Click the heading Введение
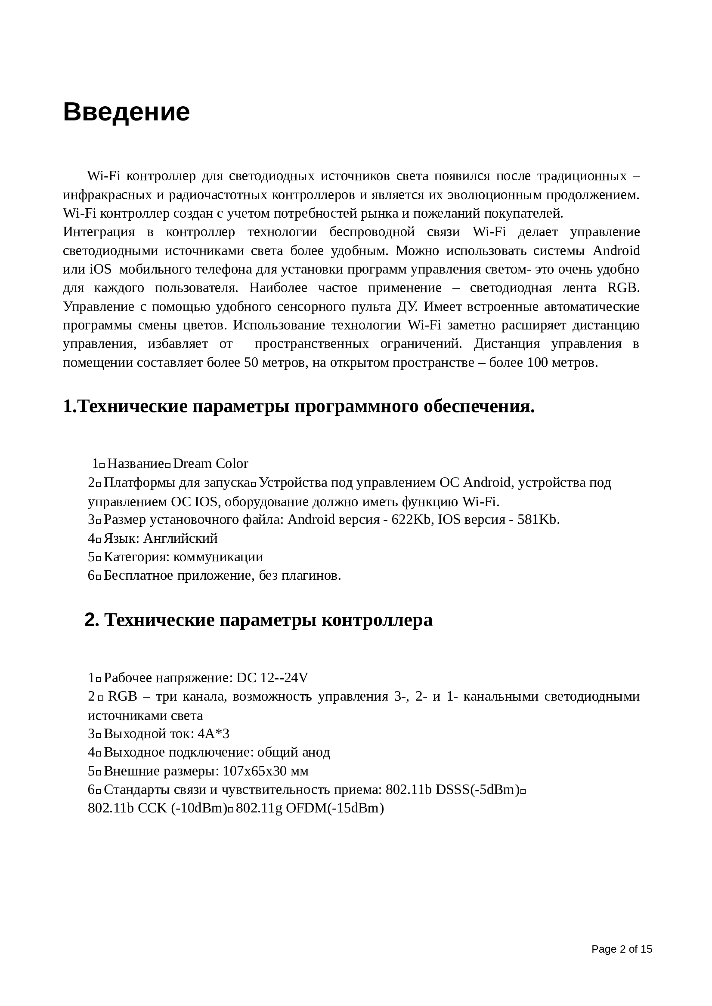126,112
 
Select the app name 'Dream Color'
211,464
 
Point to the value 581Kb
538,520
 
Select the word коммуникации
218,557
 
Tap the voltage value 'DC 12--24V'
272,678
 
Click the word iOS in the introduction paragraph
100,269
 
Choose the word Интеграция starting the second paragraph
99,232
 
